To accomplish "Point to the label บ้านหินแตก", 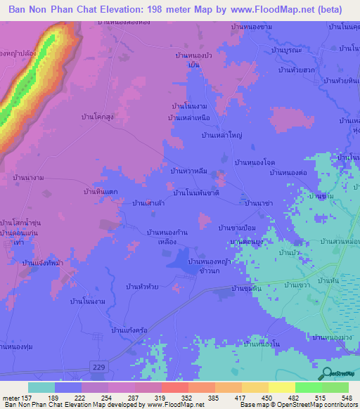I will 99,191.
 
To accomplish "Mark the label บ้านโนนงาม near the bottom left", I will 88,301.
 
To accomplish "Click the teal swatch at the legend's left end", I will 41,387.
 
